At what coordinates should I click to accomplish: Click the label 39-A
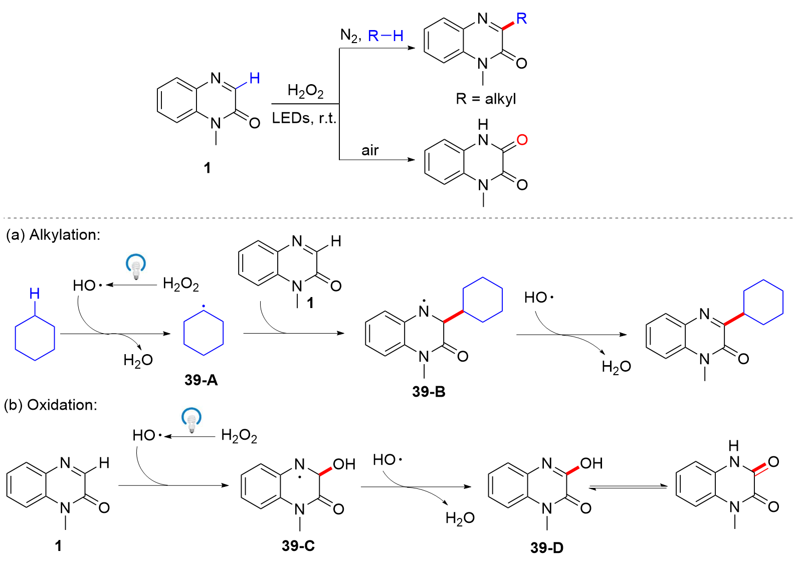point(201,380)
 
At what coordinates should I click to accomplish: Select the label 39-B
point(429,392)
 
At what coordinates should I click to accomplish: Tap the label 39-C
point(298,545)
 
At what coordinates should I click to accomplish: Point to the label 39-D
point(547,547)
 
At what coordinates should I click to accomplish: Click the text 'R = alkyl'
point(486,99)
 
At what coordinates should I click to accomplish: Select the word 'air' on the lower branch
point(370,150)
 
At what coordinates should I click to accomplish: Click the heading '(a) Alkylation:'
point(53,234)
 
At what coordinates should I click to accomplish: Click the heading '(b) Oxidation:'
point(51,405)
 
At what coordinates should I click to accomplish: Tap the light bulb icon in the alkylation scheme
point(136,266)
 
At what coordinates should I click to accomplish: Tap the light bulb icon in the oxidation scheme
point(191,420)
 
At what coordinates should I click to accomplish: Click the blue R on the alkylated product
point(521,19)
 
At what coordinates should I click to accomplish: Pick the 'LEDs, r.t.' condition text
point(304,118)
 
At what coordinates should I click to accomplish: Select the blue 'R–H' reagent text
point(385,36)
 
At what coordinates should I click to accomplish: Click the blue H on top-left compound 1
point(255,78)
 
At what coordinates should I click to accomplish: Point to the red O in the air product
point(522,140)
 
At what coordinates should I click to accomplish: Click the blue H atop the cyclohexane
point(35,294)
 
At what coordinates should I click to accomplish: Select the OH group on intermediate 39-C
point(344,464)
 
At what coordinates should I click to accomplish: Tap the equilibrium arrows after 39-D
point(628,487)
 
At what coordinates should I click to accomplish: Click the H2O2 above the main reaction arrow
point(305,91)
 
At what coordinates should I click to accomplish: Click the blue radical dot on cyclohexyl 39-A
point(203,306)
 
